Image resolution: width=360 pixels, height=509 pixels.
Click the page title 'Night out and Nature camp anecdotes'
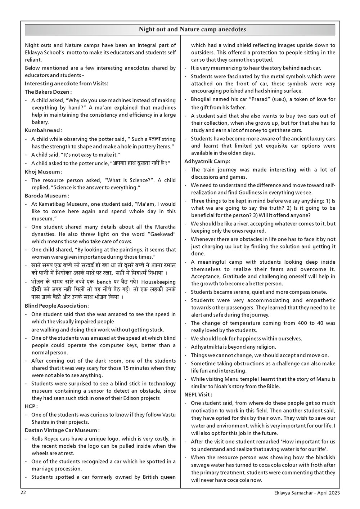(x=192, y=30)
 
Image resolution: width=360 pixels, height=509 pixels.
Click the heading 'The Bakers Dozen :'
(x=48, y=92)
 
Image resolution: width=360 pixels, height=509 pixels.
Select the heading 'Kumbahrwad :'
(x=44, y=130)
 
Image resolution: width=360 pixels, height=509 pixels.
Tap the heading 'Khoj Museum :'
(x=44, y=172)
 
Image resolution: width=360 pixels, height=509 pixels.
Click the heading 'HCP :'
(x=31, y=406)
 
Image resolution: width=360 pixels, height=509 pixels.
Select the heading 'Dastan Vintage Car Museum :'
(x=62, y=430)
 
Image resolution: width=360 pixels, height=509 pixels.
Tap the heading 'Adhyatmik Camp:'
(x=207, y=161)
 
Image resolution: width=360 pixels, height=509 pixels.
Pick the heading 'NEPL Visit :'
(x=198, y=395)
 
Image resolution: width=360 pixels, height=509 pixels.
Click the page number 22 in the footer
(x=23, y=492)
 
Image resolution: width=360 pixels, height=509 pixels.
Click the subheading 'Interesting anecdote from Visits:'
(x=66, y=84)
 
